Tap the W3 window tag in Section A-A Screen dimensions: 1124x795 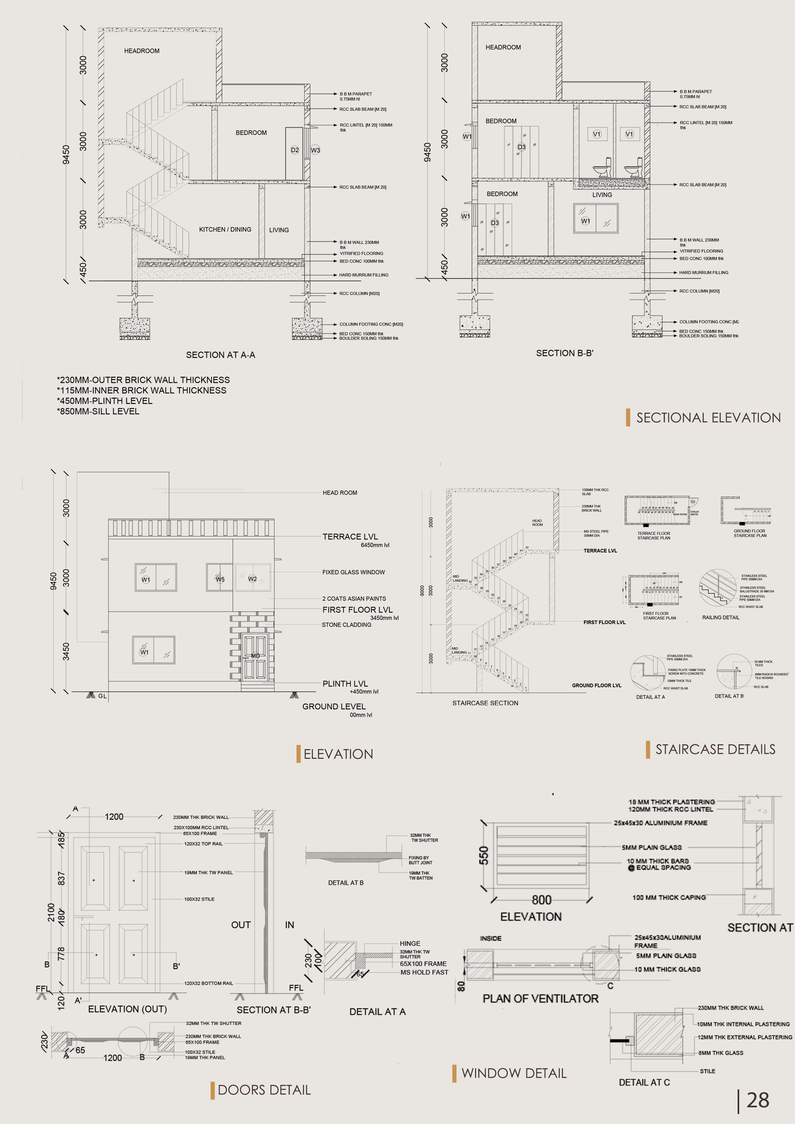pyautogui.click(x=315, y=150)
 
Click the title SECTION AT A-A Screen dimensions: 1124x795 pyautogui.click(x=221, y=355)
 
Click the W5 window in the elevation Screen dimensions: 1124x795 pyautogui.click(x=220, y=579)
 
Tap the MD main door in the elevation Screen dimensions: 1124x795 pyautogui.click(x=255, y=656)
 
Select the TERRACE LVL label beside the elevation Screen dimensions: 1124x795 pyautogui.click(x=350, y=537)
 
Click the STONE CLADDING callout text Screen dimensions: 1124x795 pyautogui.click(x=346, y=625)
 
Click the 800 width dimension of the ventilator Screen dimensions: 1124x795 pyautogui.click(x=541, y=900)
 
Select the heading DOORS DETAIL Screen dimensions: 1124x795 pyautogui.click(x=264, y=1090)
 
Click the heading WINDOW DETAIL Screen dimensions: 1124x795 pyautogui.click(x=514, y=1073)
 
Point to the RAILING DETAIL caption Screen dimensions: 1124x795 pyautogui.click(x=721, y=617)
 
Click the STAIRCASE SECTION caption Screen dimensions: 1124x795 pyautogui.click(x=485, y=703)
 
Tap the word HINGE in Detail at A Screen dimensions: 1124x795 pyautogui.click(x=409, y=943)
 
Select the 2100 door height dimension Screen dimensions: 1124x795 pyautogui.click(x=51, y=912)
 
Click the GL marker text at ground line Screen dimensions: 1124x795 pyautogui.click(x=102, y=696)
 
